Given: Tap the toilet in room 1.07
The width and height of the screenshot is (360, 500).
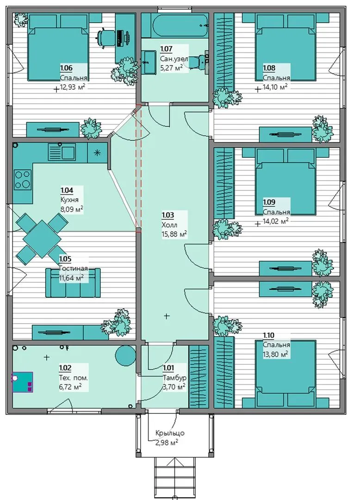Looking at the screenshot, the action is (201, 61).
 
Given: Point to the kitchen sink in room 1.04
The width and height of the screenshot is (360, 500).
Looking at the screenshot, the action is (62, 152).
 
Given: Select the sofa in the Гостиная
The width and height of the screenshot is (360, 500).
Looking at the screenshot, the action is (73, 282).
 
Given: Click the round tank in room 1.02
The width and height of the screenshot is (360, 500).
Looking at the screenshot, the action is (125, 356).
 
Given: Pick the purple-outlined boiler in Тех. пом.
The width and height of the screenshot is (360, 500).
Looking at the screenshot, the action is (23, 382).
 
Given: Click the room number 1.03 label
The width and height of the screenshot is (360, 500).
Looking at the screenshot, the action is (168, 215).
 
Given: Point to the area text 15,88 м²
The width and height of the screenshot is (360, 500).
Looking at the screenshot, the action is (174, 234).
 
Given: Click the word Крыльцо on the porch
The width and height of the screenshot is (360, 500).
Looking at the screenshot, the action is (170, 433).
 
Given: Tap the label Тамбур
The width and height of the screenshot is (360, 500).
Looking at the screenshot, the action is (174, 378).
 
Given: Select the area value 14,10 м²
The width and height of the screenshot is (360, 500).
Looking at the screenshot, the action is (276, 87).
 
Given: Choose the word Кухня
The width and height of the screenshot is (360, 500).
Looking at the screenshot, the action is (69, 200).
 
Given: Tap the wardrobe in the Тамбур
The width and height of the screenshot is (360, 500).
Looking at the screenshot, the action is (199, 377).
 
